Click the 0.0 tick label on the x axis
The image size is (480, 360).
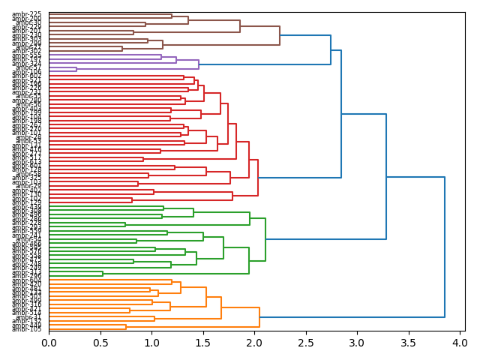49,343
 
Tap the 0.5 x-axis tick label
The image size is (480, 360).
100,343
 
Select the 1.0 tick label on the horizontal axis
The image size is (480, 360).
151,343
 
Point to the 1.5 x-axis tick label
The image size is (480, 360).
203,343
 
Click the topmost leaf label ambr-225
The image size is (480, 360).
27,14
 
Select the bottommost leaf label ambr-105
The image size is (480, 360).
27,328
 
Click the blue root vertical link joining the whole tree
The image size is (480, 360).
445,247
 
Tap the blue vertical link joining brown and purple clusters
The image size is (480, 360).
331,49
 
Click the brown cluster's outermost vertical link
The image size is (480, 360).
280,35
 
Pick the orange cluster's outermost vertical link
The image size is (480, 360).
259,317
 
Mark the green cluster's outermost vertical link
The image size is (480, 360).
265,239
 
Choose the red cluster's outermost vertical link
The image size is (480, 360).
258,177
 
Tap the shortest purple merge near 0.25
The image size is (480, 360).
76,69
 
